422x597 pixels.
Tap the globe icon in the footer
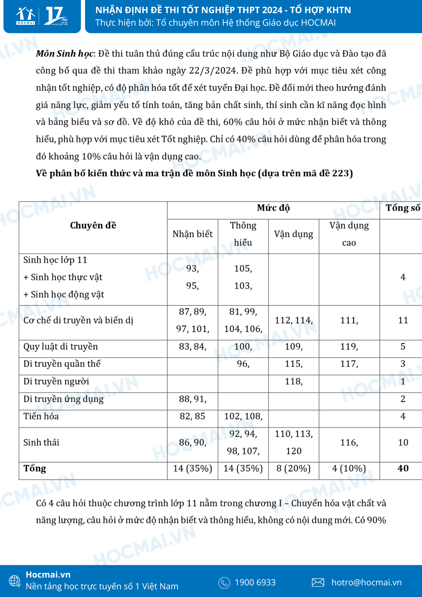(15, 581)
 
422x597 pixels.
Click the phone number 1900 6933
(255, 582)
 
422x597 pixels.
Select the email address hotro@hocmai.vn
(366, 582)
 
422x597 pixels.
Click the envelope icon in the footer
(318, 582)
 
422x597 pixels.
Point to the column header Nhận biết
(192, 234)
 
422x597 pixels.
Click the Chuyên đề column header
(93, 225)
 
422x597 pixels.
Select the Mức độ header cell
(273, 208)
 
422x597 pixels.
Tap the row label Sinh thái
(41, 442)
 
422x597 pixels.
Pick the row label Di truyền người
(56, 381)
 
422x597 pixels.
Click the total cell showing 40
(403, 468)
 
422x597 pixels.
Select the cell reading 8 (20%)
(293, 469)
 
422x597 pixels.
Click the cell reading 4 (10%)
(349, 469)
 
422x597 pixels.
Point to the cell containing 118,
(294, 381)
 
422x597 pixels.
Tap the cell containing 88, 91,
(192, 399)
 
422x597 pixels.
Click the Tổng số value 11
(403, 320)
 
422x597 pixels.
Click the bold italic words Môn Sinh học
(65, 54)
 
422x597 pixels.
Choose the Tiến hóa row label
(41, 416)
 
